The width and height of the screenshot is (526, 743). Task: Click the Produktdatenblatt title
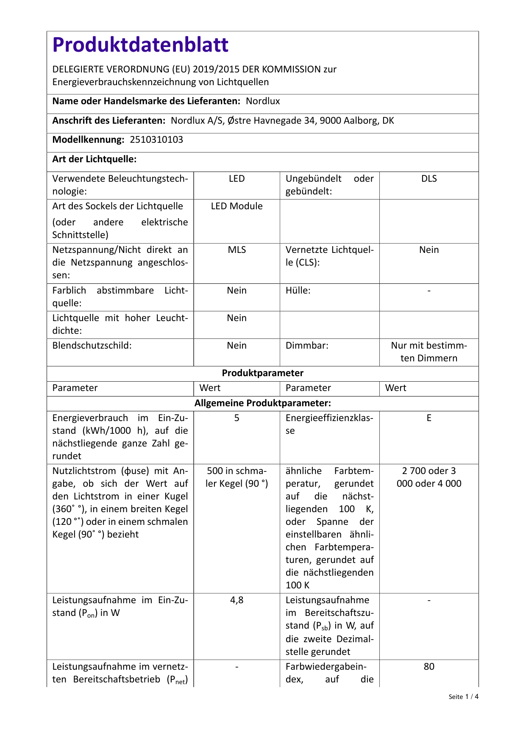pyautogui.click(x=140, y=45)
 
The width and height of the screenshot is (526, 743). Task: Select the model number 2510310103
pyautogui.click(x=156, y=140)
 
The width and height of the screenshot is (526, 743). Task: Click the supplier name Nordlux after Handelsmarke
pyautogui.click(x=263, y=101)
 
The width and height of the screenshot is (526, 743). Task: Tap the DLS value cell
pyautogui.click(x=429, y=179)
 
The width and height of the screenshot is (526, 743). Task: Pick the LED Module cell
pyautogui.click(x=237, y=206)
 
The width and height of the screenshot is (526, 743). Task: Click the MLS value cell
pyautogui.click(x=237, y=250)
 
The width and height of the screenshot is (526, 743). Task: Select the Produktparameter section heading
pyautogui.click(x=263, y=373)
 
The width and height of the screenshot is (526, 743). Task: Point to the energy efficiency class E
pyautogui.click(x=429, y=418)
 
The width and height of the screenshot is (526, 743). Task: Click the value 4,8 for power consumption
pyautogui.click(x=237, y=600)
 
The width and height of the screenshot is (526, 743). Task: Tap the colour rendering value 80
pyautogui.click(x=429, y=667)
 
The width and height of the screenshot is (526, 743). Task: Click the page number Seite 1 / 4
pyautogui.click(x=463, y=697)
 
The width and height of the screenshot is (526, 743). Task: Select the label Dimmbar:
pyautogui.click(x=307, y=346)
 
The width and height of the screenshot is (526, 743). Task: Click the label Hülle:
pyautogui.click(x=298, y=291)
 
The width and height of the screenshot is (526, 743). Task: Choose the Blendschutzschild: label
pyautogui.click(x=92, y=346)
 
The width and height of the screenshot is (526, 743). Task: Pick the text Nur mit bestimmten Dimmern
pyautogui.click(x=429, y=352)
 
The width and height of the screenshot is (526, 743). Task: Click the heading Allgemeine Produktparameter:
pyautogui.click(x=263, y=403)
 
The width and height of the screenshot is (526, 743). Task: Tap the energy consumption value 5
pyautogui.click(x=237, y=418)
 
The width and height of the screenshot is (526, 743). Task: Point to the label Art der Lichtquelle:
pyautogui.click(x=94, y=159)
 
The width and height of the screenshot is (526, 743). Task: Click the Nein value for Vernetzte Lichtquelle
pyautogui.click(x=429, y=250)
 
